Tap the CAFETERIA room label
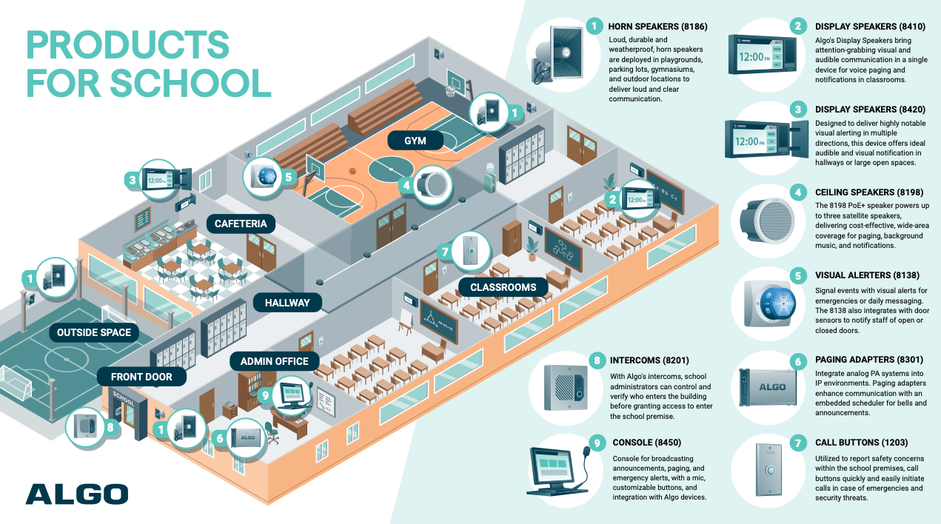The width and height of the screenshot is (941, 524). (241, 224)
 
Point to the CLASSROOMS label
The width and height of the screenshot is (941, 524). (498, 286)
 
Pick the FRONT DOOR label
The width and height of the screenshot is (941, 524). (141, 377)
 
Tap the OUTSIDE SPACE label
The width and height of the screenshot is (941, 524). (94, 332)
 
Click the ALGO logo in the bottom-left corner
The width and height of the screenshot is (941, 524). (76, 494)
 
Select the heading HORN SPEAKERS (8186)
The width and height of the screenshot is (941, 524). (657, 27)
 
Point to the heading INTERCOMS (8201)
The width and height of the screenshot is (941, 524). (649, 360)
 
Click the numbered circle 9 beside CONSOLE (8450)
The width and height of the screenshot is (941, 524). (594, 443)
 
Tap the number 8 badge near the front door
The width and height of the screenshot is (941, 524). (110, 427)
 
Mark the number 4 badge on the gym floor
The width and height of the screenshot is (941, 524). (406, 187)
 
